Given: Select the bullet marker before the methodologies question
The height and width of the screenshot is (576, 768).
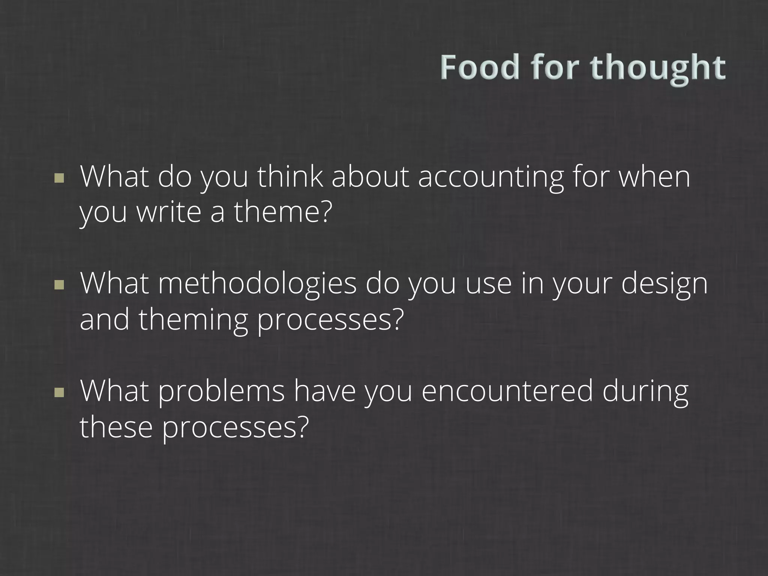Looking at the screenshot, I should coord(59,285).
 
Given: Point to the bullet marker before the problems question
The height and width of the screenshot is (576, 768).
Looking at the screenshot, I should coord(59,392).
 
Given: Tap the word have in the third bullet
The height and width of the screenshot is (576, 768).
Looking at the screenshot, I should coord(324,391).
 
